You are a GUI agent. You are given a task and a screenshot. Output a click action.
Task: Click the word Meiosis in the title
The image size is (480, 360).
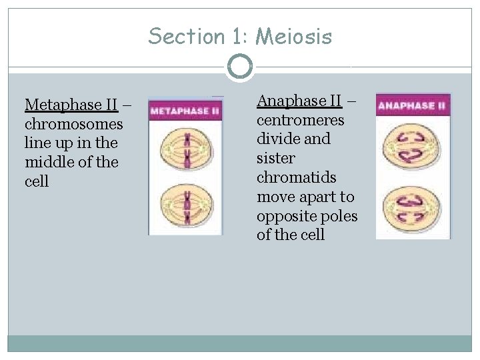(x=294, y=36)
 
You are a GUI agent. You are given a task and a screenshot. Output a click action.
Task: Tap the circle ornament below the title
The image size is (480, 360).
(x=239, y=67)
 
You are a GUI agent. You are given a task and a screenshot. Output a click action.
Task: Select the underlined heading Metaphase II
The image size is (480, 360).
(x=71, y=105)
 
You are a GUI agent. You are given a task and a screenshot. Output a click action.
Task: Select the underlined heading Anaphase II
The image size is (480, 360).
(x=299, y=101)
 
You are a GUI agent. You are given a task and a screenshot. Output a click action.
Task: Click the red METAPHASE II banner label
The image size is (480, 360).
(x=185, y=111)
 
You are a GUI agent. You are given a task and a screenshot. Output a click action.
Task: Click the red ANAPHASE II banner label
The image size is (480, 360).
(x=413, y=105)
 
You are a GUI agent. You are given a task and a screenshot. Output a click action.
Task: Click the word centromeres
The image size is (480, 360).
(x=301, y=120)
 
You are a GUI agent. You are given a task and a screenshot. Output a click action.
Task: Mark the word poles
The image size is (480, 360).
(x=339, y=216)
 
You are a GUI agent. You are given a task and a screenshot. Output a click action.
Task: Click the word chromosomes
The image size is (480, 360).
(x=73, y=124)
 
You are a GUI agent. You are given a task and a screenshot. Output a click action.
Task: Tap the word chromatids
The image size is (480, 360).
(x=296, y=177)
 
